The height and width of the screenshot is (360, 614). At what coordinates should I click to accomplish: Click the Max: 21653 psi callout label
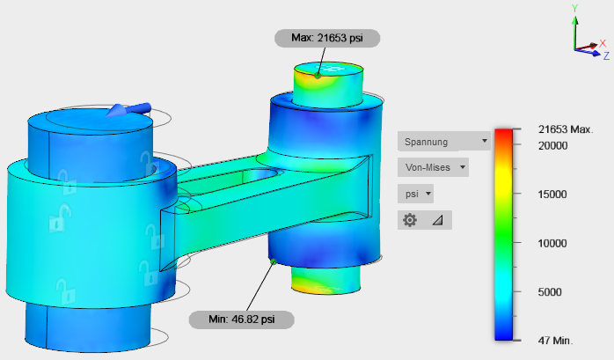click(x=327, y=38)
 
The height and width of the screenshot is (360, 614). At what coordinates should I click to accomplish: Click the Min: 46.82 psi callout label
click(x=242, y=320)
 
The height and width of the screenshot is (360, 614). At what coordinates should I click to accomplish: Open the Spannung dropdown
click(x=444, y=141)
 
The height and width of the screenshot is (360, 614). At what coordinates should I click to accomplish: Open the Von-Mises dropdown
click(x=433, y=167)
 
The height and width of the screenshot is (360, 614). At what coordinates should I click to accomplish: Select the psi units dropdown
click(x=415, y=194)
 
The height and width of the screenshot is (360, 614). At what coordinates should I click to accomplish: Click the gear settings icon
click(x=410, y=220)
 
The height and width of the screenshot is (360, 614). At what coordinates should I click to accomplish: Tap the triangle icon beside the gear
click(x=438, y=221)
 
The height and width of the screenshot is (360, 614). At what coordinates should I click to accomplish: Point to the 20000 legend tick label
click(x=552, y=146)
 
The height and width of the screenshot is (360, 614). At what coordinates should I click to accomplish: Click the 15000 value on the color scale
click(x=552, y=195)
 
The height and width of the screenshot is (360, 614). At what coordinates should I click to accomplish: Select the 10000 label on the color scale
click(x=552, y=243)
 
